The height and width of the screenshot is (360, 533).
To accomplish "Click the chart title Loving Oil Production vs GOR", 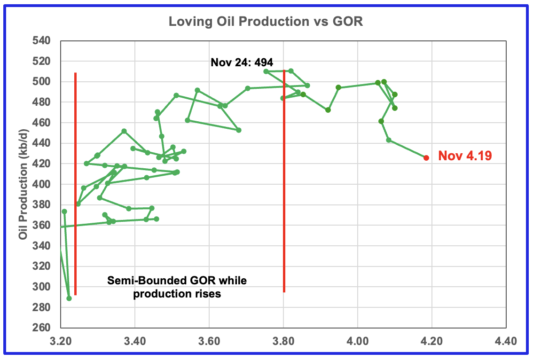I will (x=266, y=22).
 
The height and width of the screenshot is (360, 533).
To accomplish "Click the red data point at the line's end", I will (x=426, y=158).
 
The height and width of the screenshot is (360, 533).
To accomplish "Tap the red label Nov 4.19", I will (x=465, y=156).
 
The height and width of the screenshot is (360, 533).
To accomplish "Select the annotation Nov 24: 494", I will (x=242, y=62).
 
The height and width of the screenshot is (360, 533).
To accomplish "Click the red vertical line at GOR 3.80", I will (x=284, y=188).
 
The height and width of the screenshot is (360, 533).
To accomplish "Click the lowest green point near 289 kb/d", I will (x=69, y=298).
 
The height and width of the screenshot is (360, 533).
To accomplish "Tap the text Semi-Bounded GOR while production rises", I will (x=177, y=287).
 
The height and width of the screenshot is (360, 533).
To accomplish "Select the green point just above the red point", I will (x=389, y=140).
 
